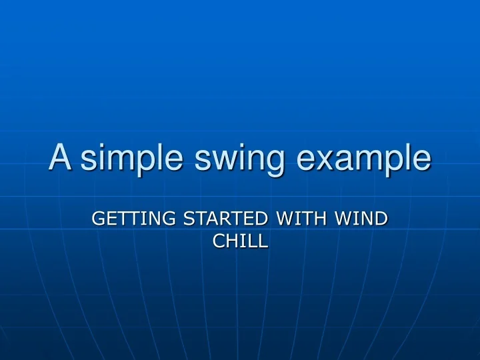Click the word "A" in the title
tap(60, 157)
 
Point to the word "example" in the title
tap(363, 158)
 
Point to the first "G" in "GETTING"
tap(97, 218)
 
